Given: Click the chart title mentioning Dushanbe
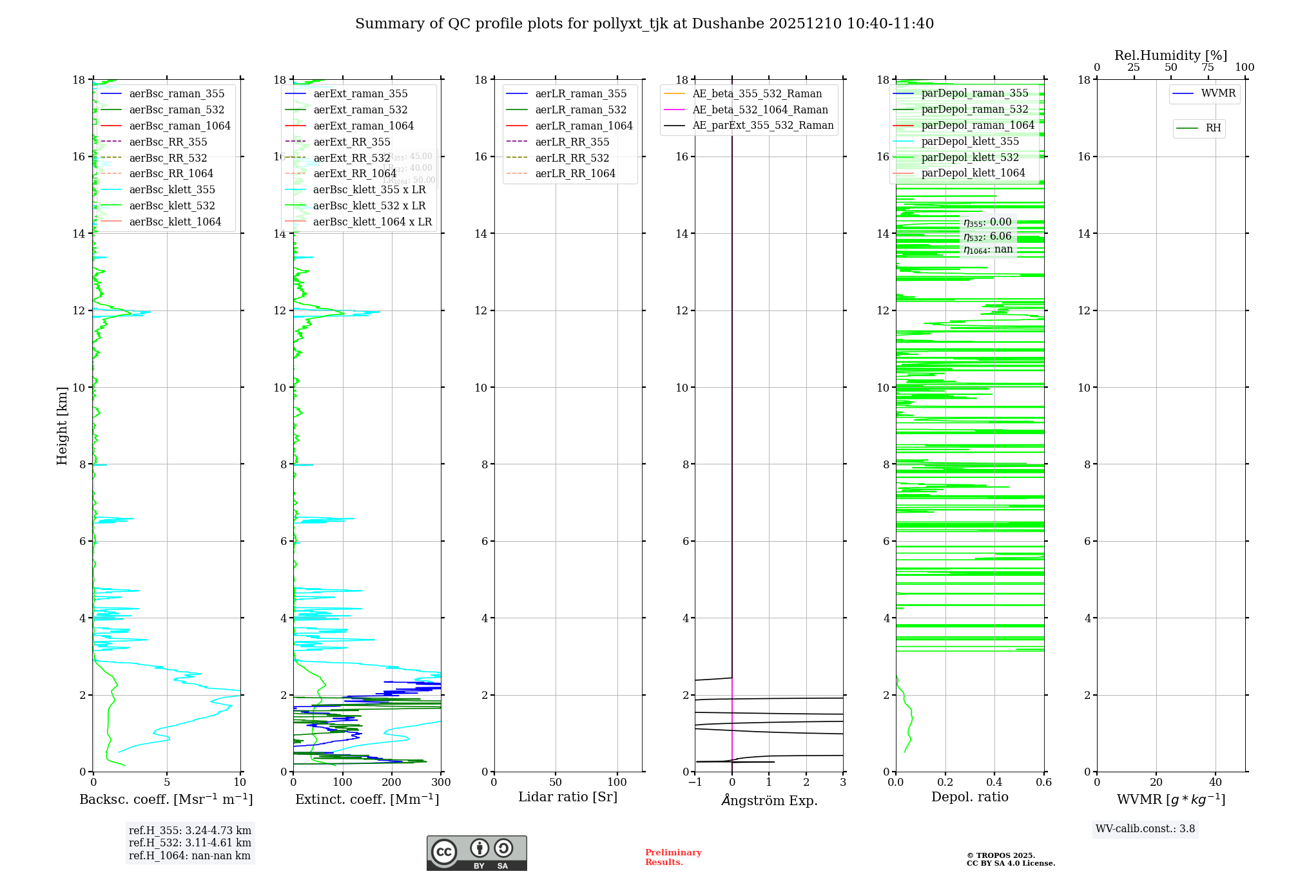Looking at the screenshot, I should pos(644,24).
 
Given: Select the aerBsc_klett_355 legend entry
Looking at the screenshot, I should pos(172,190).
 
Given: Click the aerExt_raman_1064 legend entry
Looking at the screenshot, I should pos(363,126).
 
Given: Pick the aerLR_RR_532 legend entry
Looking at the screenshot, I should pos(572,158).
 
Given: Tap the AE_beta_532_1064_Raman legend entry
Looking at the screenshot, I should pos(760,110).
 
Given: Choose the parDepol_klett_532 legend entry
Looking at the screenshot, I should pos(970,158).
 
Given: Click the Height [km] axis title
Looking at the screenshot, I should pos(62,426).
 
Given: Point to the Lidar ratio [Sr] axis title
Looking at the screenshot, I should pos(568,797).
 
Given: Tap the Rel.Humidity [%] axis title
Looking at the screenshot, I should pos(1170,56).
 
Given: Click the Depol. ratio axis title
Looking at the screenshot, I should pos(970,797).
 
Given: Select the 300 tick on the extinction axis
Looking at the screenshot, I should pos(441,783).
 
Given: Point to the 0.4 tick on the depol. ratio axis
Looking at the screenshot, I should pos(994,783).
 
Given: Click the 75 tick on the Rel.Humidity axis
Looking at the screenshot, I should pos(1208,68).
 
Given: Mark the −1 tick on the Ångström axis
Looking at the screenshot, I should pos(695,783).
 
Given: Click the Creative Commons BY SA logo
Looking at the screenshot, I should pos(476,853).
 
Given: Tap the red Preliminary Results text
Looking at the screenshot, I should pos(673,857).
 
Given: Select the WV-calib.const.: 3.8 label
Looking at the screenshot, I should pos(1145,829).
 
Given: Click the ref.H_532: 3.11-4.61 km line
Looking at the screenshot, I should pos(190,843).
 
